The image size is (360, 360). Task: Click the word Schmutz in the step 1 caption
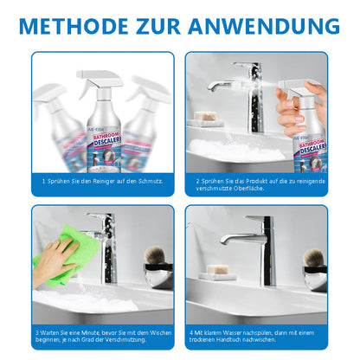point(153,182)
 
